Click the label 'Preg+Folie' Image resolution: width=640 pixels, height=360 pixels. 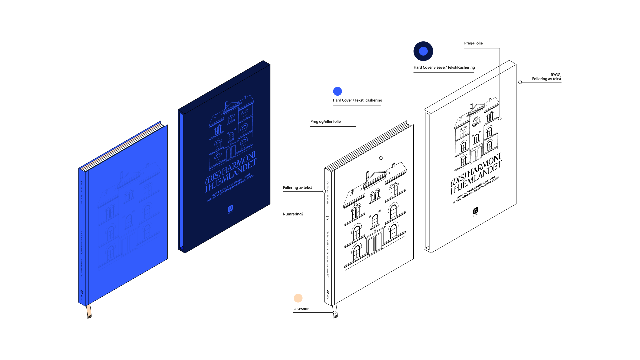click(473, 43)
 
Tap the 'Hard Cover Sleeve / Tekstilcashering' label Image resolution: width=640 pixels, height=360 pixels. click(444, 67)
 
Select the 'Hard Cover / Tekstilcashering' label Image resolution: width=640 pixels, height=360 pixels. click(357, 100)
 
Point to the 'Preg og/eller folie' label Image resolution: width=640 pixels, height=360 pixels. click(325, 122)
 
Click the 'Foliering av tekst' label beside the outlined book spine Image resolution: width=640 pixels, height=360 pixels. click(297, 188)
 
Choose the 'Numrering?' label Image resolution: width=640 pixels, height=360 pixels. click(293, 214)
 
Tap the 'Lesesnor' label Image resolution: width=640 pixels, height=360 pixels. click(301, 309)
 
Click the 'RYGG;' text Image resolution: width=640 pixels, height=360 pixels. click(556, 75)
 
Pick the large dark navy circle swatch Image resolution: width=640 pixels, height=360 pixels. click(423, 51)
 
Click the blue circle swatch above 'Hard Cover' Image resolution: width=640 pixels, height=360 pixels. click(337, 91)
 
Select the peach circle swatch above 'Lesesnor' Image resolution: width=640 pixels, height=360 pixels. click(298, 298)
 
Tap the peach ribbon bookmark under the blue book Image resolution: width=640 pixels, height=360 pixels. click(89, 312)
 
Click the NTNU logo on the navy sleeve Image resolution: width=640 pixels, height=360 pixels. click(230, 209)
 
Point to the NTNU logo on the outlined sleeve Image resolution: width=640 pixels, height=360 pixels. click(476, 211)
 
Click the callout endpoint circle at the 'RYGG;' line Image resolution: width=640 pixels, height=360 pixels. click(520, 82)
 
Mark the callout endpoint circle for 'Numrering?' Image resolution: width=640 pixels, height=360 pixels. click(327, 218)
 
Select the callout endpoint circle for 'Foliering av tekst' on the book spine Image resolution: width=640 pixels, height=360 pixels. click(324, 191)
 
